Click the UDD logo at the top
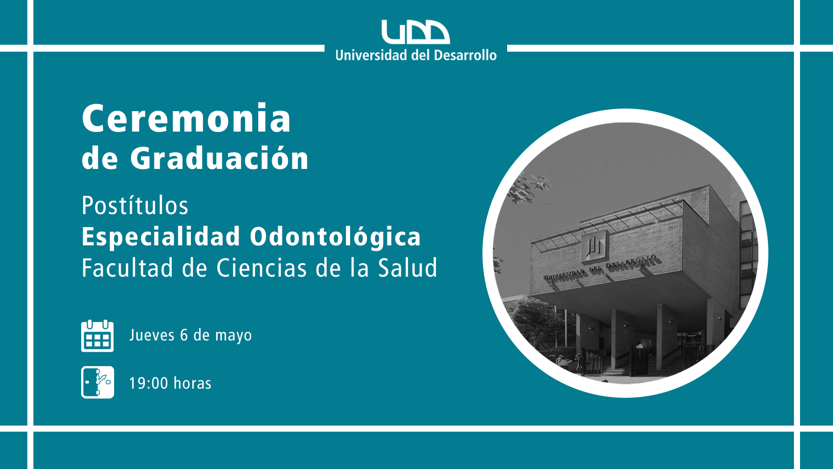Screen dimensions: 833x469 416,32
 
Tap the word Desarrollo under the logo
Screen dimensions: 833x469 465,55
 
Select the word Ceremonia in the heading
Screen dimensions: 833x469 187,119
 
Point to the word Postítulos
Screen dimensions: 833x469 135,205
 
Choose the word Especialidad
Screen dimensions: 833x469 161,237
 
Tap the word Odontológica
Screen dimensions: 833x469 335,237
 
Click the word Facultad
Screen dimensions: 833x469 128,268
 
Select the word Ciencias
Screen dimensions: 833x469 262,268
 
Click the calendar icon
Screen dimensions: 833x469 98,336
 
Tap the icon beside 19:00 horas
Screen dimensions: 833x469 98,382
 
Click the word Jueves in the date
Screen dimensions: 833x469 152,335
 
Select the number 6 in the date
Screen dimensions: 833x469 184,335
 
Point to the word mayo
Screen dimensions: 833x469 233,336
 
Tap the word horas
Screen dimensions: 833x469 192,383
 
